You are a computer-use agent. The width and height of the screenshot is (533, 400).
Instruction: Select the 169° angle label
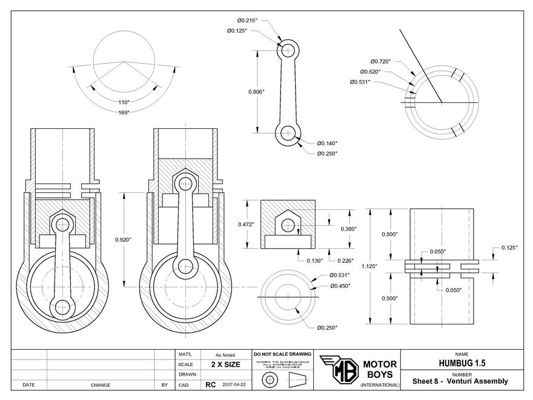pyautogui.click(x=124, y=112)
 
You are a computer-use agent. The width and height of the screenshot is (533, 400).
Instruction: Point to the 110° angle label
pyautogui.click(x=124, y=102)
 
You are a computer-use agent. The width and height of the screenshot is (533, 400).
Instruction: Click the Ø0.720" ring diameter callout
pyautogui.click(x=380, y=61)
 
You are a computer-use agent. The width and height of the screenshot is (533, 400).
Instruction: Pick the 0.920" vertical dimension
pyautogui.click(x=123, y=240)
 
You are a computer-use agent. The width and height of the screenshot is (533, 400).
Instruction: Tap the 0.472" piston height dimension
pyautogui.click(x=245, y=225)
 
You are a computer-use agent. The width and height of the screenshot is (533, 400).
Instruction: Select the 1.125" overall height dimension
pyautogui.click(x=376, y=265)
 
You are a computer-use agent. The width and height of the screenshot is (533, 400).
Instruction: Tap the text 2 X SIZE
pyautogui.click(x=225, y=364)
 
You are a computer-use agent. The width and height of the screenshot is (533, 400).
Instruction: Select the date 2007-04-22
pyautogui.click(x=235, y=384)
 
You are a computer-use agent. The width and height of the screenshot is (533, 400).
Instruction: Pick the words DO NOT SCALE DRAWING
pyautogui.click(x=282, y=354)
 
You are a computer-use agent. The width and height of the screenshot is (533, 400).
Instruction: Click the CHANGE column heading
pyautogui.click(x=100, y=385)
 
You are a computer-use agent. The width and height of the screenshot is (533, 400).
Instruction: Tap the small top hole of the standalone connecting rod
pyautogui.click(x=288, y=48)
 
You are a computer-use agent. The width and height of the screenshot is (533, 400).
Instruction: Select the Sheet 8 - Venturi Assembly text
pyautogui.click(x=460, y=381)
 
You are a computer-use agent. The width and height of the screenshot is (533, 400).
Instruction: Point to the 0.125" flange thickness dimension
pyautogui.click(x=508, y=248)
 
